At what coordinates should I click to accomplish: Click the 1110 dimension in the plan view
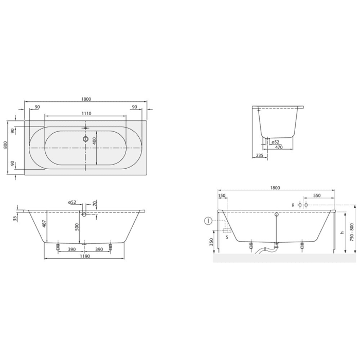[85, 113]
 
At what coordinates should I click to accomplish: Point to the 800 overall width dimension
[5, 145]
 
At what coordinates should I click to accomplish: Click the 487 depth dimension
[44, 224]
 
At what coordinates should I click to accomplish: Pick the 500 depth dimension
[76, 227]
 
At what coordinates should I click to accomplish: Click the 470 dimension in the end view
[279, 148]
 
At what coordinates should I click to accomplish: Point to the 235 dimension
[259, 155]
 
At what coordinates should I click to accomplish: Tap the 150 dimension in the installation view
[222, 196]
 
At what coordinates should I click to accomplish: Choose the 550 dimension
[317, 196]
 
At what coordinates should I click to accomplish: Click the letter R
[293, 205]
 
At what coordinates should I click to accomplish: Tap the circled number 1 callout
[208, 221]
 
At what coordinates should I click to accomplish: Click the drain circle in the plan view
[85, 138]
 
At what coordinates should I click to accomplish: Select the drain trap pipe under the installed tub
[268, 250]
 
